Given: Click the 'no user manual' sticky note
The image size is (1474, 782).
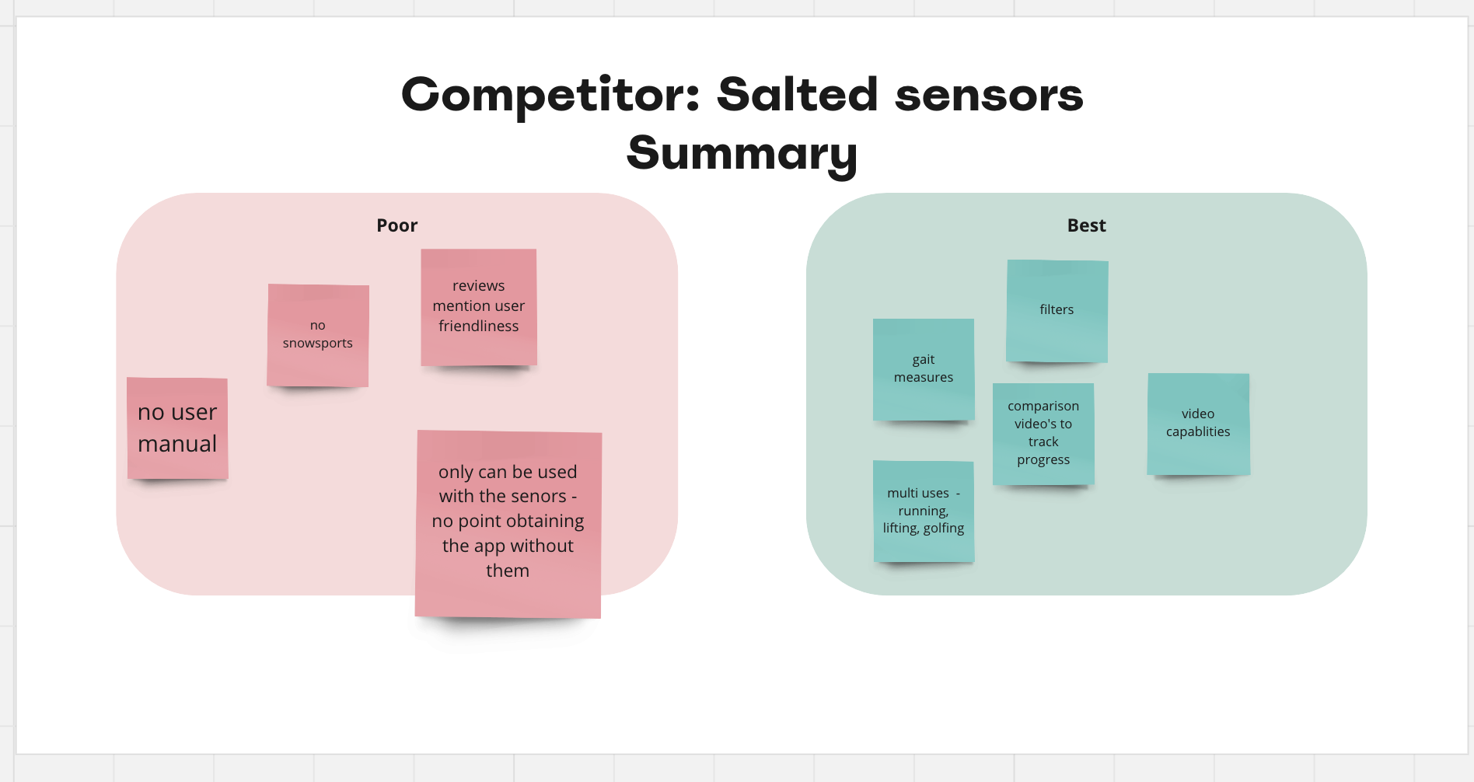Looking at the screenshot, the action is tap(177, 428).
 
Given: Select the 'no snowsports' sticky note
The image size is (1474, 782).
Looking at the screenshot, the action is tap(318, 336).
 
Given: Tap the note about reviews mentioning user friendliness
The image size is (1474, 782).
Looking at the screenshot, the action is tap(479, 307).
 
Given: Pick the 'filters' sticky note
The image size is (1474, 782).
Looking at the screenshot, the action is tap(1057, 311).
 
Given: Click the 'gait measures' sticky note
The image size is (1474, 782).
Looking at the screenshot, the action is tap(924, 369).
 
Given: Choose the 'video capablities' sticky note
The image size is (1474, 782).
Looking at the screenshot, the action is tap(1198, 424).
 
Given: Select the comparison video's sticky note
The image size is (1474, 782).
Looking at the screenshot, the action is tap(1043, 434).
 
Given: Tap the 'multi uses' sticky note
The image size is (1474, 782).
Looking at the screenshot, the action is tap(924, 511).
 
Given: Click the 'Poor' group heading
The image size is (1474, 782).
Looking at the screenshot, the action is tap(397, 225).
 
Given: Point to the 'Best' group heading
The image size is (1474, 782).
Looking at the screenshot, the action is tap(1086, 225).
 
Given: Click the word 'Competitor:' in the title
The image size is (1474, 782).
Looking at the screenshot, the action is tap(550, 96).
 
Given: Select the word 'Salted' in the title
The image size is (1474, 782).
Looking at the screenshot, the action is tap(798, 94).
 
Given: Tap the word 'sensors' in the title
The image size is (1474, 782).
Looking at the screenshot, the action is tap(989, 96).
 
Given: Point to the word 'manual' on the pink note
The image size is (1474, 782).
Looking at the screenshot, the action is tap(177, 444).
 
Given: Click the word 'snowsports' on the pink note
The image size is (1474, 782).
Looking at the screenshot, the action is tap(318, 344).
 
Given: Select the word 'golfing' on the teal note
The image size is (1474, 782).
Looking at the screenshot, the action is tap(944, 529).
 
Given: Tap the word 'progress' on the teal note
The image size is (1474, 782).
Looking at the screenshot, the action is tap(1043, 460).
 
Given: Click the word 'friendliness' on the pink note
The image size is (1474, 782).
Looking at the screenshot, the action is tap(479, 326).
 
